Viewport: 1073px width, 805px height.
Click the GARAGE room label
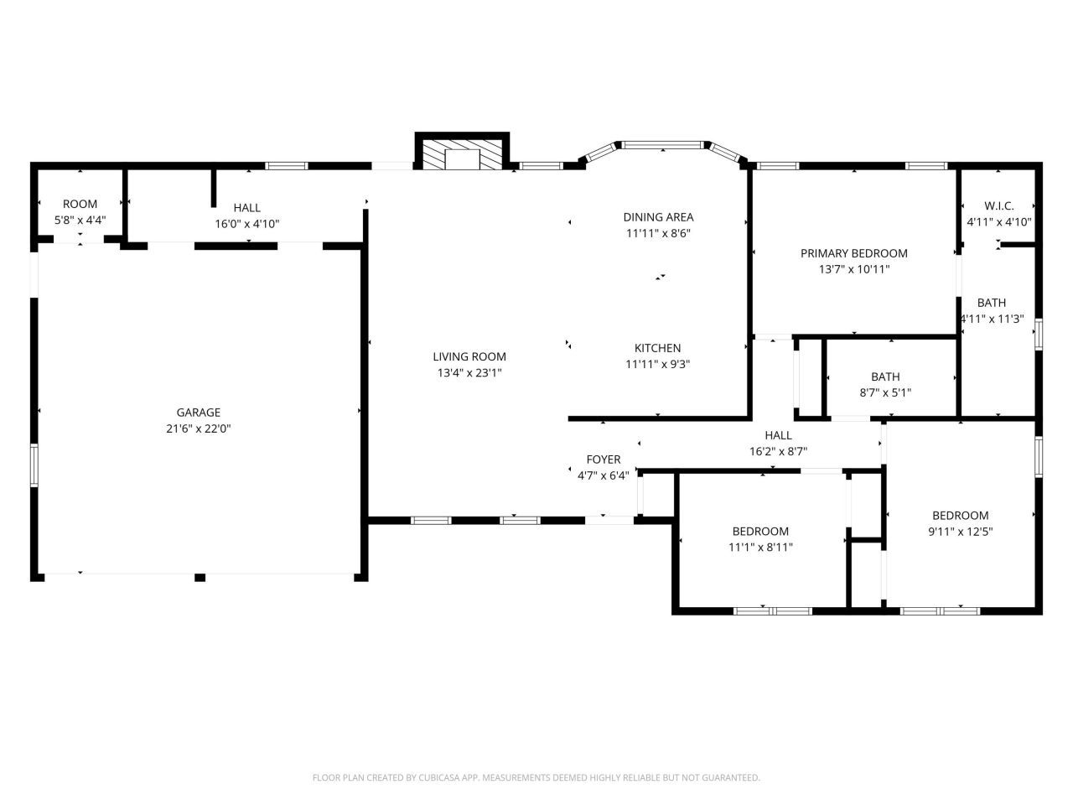point(198,412)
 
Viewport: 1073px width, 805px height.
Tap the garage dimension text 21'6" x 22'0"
point(198,428)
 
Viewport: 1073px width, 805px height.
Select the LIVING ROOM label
point(469,356)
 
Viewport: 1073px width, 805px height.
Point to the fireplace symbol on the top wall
point(462,155)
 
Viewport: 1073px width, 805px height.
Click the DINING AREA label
point(658,217)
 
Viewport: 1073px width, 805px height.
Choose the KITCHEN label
point(657,348)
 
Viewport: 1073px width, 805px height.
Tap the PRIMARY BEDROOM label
point(853,253)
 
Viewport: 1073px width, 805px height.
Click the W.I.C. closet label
point(998,205)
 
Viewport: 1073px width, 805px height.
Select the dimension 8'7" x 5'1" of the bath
point(885,392)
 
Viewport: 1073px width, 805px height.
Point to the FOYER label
point(603,460)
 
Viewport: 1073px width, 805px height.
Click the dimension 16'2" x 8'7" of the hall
point(778,451)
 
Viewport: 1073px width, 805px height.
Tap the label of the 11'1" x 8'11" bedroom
point(760,531)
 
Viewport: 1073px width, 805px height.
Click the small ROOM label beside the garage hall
point(80,204)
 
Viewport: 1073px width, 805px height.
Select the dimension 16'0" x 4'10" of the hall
point(246,224)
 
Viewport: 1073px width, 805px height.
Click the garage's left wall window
point(34,465)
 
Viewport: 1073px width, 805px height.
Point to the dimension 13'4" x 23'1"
point(469,373)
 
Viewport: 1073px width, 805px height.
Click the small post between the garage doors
point(200,577)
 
